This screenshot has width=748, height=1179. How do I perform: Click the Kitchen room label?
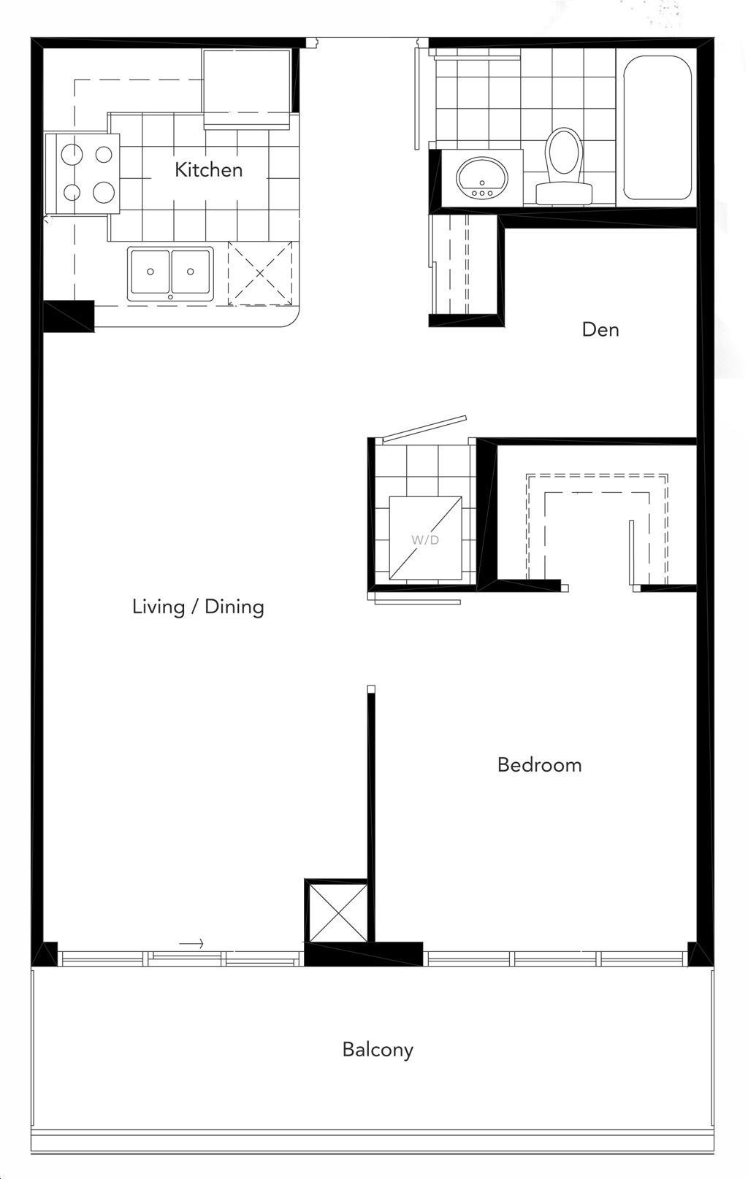209,170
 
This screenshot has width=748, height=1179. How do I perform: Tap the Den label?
600,329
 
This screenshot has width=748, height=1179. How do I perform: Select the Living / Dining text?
198,607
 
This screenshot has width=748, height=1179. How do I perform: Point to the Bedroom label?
539,765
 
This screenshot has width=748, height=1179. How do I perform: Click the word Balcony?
378,1050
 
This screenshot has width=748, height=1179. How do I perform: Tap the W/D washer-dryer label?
426,540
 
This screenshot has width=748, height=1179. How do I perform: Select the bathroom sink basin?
482,179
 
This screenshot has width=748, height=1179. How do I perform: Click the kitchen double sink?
171,274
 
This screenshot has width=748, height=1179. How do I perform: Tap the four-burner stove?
82,174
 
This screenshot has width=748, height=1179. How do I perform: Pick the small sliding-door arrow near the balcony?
191,944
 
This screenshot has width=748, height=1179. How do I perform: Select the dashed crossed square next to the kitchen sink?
260,273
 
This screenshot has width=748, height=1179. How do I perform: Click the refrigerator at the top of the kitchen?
246,88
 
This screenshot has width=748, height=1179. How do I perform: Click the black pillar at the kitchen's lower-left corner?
69,316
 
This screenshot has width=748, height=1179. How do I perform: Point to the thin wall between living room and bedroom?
371,813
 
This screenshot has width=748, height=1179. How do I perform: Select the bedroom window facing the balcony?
558,959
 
